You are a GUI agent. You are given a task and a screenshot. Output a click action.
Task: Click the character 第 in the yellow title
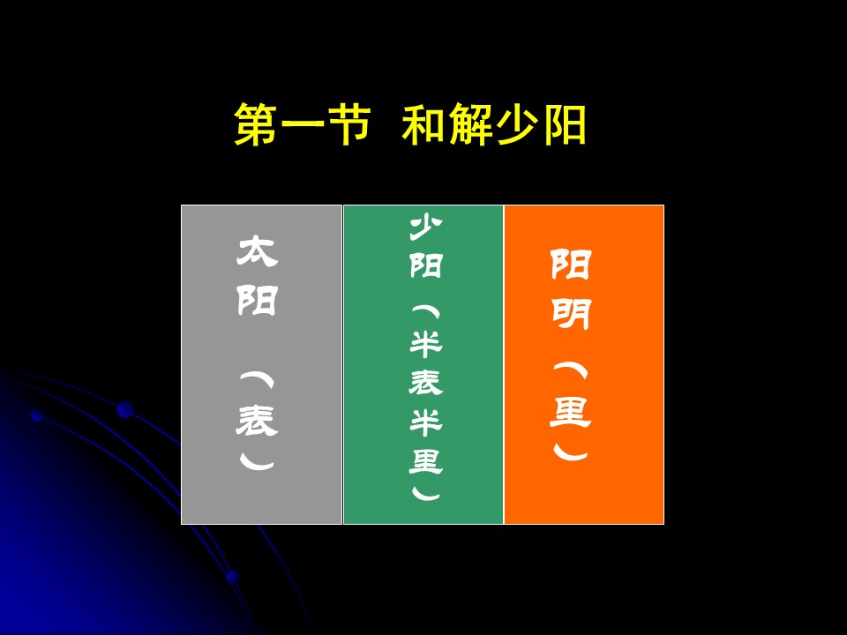click(x=257, y=124)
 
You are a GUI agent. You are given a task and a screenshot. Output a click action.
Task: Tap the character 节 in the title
click(x=349, y=124)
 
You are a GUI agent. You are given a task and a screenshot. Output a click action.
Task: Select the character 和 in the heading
click(x=424, y=124)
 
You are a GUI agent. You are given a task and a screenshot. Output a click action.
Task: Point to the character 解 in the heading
click(x=471, y=124)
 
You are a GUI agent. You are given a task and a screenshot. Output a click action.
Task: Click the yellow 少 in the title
click(x=518, y=124)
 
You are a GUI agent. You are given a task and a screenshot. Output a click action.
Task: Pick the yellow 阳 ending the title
click(x=565, y=124)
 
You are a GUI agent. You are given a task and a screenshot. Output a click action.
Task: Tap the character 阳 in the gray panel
click(x=258, y=300)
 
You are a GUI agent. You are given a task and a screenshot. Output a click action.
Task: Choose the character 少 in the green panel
click(x=425, y=228)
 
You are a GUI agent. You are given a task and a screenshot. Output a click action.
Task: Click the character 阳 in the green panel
click(x=425, y=265)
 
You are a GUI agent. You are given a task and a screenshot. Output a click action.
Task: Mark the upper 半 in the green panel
click(x=425, y=344)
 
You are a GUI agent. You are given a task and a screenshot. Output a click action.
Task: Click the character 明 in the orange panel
click(x=571, y=314)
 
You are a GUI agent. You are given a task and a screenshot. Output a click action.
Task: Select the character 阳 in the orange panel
click(x=571, y=264)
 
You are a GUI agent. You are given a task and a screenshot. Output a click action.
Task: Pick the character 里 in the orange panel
click(x=571, y=412)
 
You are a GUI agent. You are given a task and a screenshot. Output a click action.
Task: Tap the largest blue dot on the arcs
click(x=125, y=409)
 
